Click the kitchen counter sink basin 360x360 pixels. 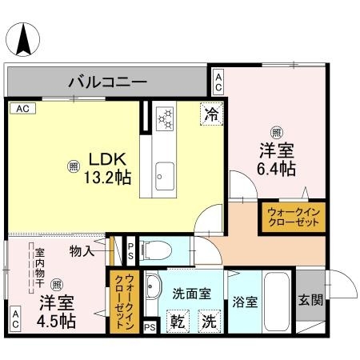pos(166,170)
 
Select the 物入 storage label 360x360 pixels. pos(82,251)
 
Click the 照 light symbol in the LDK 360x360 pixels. pos(73,166)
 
